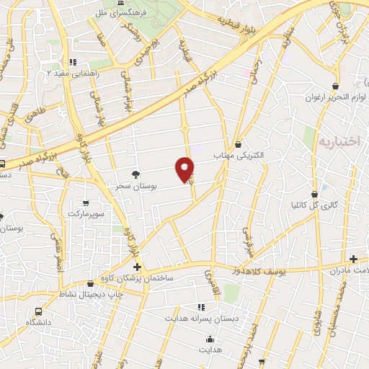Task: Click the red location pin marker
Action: (185, 169)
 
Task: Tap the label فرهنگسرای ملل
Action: (118, 12)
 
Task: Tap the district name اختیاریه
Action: (338, 141)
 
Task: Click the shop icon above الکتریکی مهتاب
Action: (239, 144)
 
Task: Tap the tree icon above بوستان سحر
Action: (135, 174)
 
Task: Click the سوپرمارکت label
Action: (86, 214)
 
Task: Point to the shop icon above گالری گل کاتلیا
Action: (315, 194)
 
